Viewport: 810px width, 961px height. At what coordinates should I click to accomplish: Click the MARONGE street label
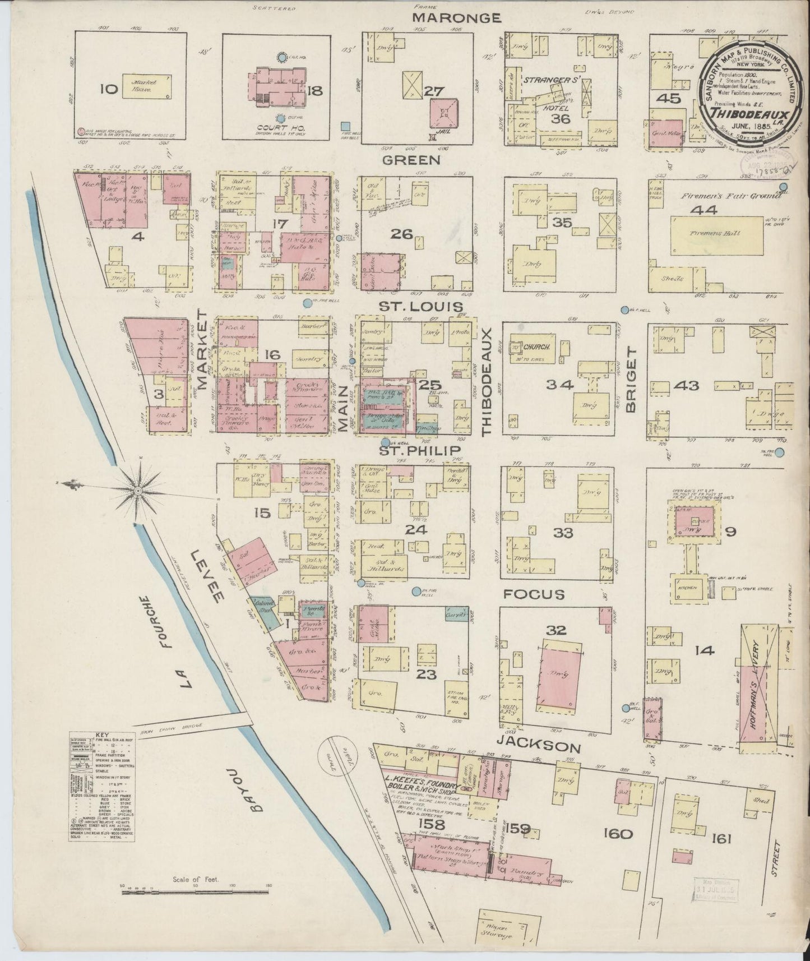coord(456,18)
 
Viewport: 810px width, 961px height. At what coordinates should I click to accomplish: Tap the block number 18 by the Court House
coord(314,90)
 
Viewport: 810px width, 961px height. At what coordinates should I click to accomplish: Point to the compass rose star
coord(137,492)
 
